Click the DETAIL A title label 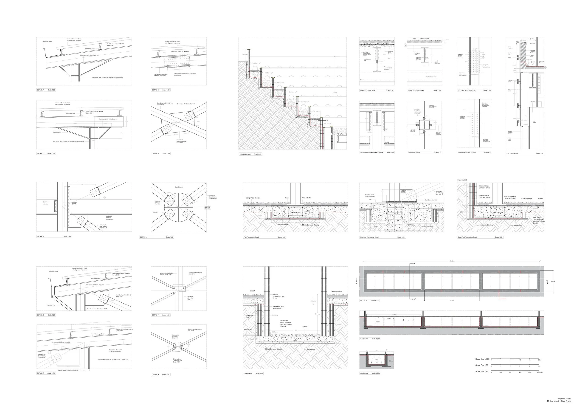40,90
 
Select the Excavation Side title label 245,154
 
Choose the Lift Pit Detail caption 248,373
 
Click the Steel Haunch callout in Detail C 57,132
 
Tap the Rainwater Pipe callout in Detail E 51,305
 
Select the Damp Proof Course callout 253,198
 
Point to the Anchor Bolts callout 306,198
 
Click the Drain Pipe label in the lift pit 248,329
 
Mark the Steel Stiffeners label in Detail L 179,187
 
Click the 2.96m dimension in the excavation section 335,93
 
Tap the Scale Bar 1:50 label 481,365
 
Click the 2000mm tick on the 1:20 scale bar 540,372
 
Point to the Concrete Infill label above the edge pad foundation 462,180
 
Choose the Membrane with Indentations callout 278,307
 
